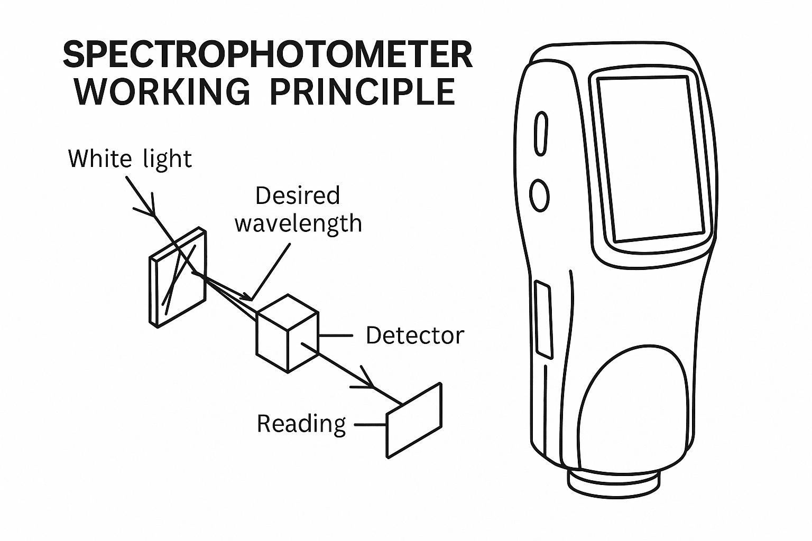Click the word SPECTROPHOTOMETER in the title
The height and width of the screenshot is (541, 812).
point(267,54)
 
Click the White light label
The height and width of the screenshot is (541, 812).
point(130,158)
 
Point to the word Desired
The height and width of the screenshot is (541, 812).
point(297,196)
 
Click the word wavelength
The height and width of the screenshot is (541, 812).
point(298,223)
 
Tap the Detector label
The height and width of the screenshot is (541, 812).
point(414,335)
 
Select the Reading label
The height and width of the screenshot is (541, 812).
point(301,423)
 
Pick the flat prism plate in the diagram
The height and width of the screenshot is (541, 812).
point(178,278)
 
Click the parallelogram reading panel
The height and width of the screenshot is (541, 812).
point(414,421)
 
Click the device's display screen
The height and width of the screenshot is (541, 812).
point(651,158)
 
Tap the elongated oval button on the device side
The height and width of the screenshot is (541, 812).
point(540,133)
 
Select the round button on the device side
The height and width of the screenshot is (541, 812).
point(540,195)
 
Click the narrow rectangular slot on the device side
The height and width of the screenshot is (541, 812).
point(543,320)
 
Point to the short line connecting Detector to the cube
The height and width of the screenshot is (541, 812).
point(335,335)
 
